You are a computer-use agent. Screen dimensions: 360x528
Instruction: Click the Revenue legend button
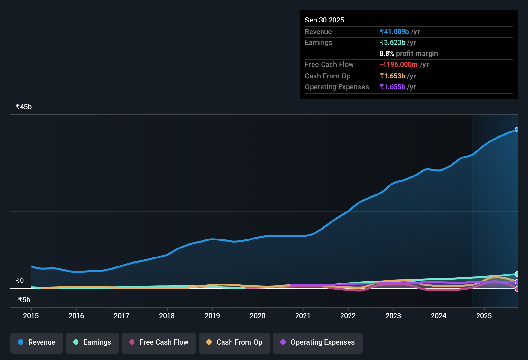click(x=37, y=342)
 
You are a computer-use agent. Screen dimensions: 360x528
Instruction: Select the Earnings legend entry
click(x=92, y=342)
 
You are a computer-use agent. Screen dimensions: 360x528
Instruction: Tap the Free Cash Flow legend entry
click(x=159, y=342)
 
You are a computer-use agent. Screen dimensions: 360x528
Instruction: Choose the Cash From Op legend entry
click(x=234, y=342)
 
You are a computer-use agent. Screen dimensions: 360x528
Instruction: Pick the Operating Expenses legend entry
click(x=318, y=342)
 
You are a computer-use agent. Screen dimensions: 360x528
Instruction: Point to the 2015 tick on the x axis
click(x=31, y=316)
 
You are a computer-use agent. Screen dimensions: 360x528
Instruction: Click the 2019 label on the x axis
click(x=212, y=316)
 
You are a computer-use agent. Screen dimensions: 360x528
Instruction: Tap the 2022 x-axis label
click(x=348, y=316)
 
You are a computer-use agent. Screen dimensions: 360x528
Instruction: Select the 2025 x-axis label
click(x=484, y=316)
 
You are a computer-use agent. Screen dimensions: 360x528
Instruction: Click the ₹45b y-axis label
click(x=23, y=107)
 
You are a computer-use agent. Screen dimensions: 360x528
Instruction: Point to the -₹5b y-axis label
click(x=23, y=300)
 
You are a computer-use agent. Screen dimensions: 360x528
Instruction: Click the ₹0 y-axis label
click(x=20, y=281)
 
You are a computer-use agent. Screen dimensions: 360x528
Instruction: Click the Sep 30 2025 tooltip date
click(x=324, y=20)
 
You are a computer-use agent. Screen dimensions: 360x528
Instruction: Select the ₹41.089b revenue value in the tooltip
click(x=394, y=32)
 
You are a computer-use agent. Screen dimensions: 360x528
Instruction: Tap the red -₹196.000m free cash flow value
click(x=398, y=64)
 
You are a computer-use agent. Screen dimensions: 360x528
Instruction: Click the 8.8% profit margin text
click(x=408, y=53)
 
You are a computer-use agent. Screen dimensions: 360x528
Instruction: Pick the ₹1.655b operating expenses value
click(x=392, y=87)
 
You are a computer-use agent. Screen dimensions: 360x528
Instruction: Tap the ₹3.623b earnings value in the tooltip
click(x=392, y=42)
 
